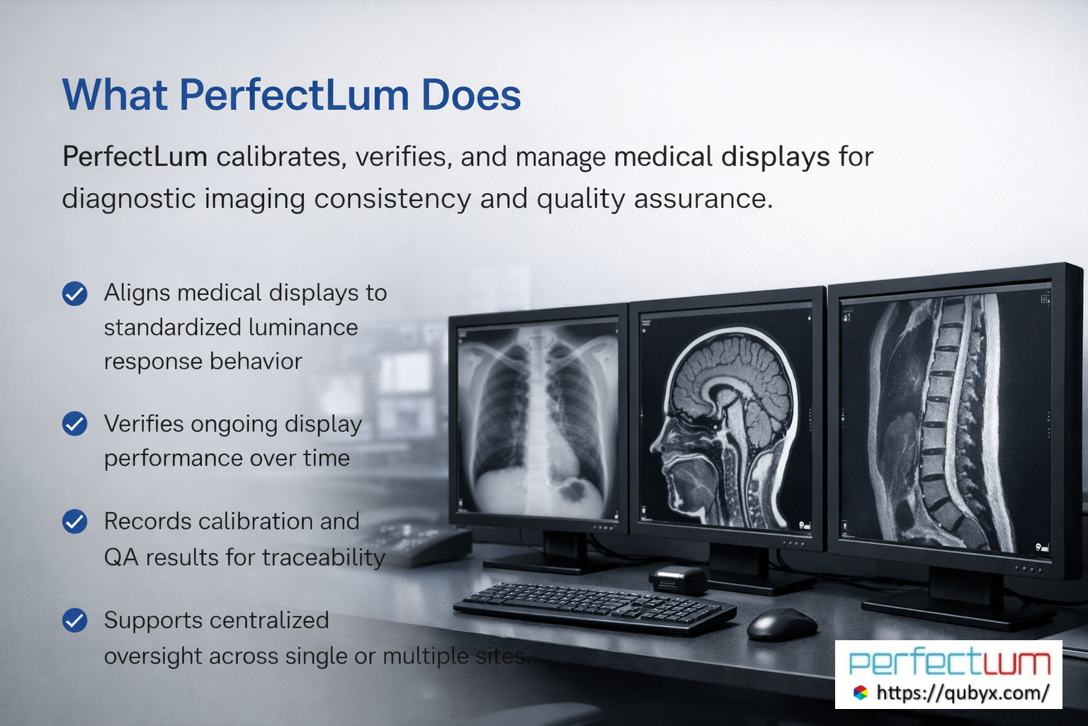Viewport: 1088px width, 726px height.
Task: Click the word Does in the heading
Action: tap(471, 95)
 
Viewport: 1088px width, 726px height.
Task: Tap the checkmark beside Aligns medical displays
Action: tap(74, 294)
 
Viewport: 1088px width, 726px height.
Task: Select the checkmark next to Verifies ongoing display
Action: tap(74, 424)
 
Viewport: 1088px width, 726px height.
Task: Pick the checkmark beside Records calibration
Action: tap(74, 522)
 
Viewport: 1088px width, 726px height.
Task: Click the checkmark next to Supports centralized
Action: tap(74, 620)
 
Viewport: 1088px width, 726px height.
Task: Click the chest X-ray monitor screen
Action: tap(538, 418)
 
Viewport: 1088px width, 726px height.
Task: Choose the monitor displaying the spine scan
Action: tap(946, 422)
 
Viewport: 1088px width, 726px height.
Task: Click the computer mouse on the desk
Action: tap(781, 624)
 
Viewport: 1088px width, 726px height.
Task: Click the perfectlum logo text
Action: tap(949, 663)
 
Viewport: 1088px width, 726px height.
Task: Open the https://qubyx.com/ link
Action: tap(962, 693)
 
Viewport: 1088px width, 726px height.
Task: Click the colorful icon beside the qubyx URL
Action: tap(860, 693)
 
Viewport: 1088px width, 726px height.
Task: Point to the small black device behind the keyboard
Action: tap(679, 579)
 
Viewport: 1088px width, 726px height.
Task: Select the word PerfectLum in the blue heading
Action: tap(294, 95)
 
